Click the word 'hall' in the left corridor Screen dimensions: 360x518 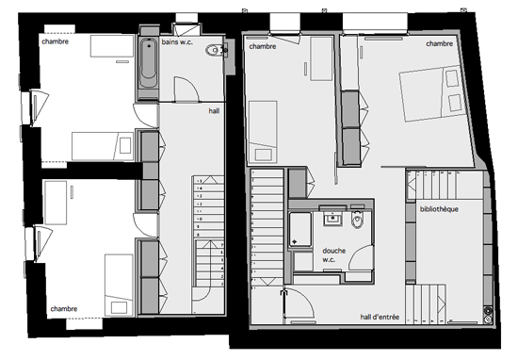pos(215,110)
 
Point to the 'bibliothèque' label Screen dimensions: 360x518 pos(438,208)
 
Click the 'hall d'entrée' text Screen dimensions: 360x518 pos(380,318)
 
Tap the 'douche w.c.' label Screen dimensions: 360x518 pos(333,255)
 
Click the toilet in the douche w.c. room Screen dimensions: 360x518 pos(356,221)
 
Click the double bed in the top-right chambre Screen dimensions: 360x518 pos(433,97)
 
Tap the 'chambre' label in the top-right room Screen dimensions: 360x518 pos(439,43)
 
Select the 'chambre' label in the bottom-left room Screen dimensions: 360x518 pos(64,308)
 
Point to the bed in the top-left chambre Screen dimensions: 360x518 pos(101,146)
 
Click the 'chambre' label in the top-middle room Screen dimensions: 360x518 pos(263,46)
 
